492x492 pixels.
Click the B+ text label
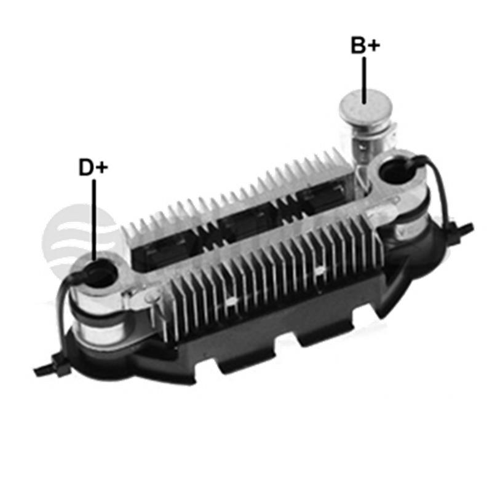[x=365, y=45]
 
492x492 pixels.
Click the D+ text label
[x=93, y=167]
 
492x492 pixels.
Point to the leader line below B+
[x=364, y=80]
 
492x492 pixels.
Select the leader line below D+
[x=94, y=220]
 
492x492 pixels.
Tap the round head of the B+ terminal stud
[x=366, y=107]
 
